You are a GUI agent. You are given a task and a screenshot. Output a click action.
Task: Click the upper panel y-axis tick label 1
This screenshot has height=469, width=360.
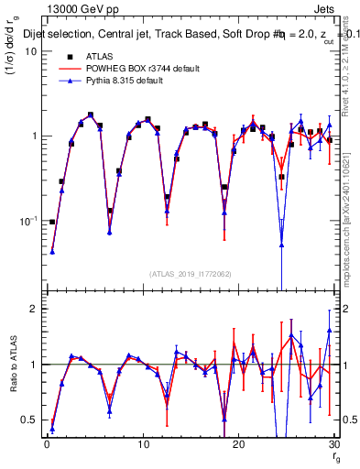(x=33, y=136)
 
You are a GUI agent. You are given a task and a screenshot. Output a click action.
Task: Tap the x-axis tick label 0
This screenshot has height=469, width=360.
(x=46, y=443)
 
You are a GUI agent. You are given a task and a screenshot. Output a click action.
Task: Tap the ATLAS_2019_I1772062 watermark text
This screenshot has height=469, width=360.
(x=190, y=273)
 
